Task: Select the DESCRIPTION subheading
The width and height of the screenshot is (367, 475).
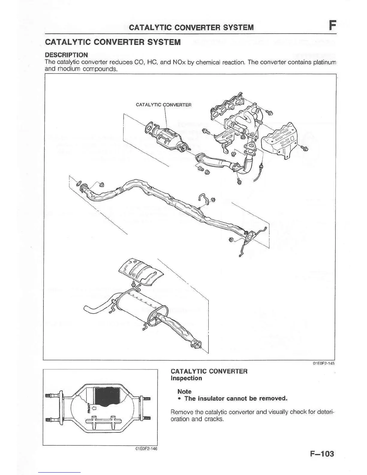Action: click(x=66, y=55)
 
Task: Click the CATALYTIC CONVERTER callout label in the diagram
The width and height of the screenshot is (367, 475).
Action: click(x=163, y=105)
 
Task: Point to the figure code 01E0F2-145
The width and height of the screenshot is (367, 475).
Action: click(x=324, y=363)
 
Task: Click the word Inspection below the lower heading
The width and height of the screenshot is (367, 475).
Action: click(x=186, y=378)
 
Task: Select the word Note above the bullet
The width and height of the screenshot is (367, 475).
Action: click(x=184, y=391)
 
